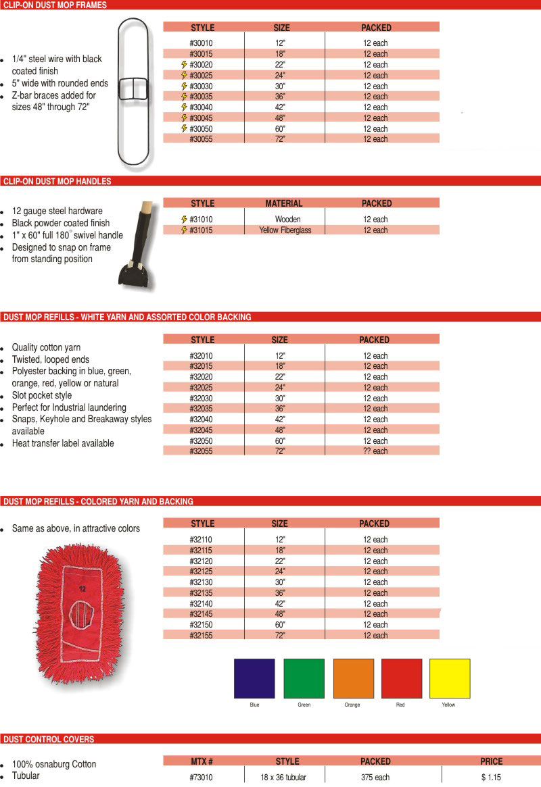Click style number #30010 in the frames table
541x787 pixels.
coord(202,43)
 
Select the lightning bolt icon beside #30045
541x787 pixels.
coord(184,118)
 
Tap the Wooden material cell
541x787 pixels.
coord(288,220)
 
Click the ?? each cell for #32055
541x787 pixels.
coord(375,451)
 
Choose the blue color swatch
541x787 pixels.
coord(254,678)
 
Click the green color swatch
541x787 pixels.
coord(304,678)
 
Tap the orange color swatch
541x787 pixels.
coord(353,678)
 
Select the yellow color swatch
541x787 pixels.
coord(450,678)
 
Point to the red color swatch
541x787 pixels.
coord(401,678)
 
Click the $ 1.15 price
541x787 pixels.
coord(492,778)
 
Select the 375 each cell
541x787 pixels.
coord(375,778)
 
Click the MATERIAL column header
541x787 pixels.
coord(284,203)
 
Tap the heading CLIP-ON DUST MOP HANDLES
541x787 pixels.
coord(58,181)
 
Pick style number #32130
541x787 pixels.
coord(202,582)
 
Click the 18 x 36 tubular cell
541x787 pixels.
coord(283,778)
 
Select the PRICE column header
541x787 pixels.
coord(492,761)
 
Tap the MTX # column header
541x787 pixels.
coord(202,761)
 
